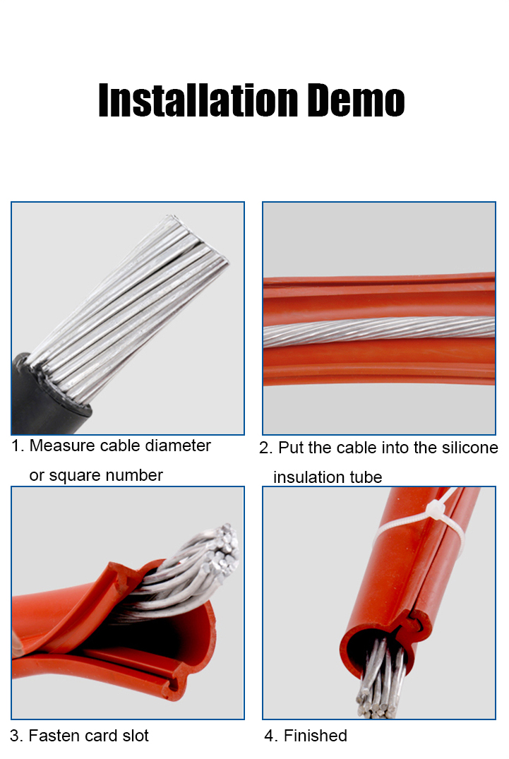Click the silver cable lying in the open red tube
(x=379, y=331)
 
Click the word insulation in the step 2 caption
(x=309, y=477)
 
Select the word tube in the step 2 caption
(x=366, y=477)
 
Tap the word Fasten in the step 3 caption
(x=54, y=736)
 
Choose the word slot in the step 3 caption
(x=135, y=736)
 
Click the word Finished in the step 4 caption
(x=315, y=736)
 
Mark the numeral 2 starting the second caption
(x=265, y=448)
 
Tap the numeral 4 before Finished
(x=270, y=736)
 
